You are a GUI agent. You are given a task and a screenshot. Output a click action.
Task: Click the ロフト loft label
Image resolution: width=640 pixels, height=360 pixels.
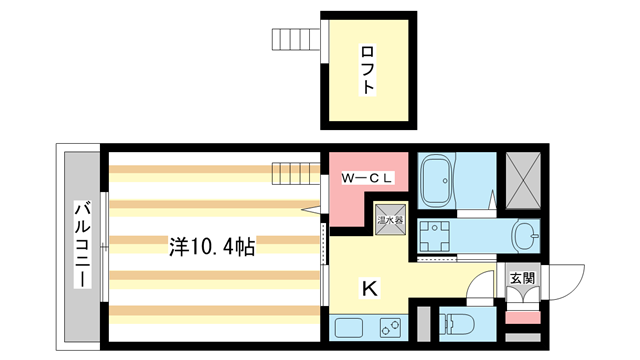368,70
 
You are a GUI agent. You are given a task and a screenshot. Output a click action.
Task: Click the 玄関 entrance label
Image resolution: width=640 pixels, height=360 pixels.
521,278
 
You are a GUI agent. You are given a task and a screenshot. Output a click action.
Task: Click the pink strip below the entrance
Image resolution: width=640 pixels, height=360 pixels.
521,318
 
